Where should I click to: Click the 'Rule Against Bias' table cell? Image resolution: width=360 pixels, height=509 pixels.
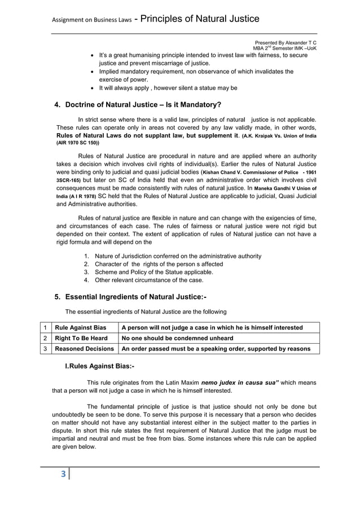pyautogui.click(x=80, y=328)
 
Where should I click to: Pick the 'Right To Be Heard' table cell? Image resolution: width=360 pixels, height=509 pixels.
pyautogui.click(x=81, y=338)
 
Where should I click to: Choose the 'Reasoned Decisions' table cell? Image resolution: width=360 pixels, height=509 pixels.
pyautogui.click(x=84, y=349)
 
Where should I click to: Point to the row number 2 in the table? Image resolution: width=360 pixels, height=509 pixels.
pyautogui.click(x=44, y=338)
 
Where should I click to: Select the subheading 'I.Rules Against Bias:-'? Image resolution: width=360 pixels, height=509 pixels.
pyautogui.click(x=100, y=367)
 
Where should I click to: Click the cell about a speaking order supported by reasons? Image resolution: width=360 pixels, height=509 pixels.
pyautogui.click(x=216, y=349)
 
